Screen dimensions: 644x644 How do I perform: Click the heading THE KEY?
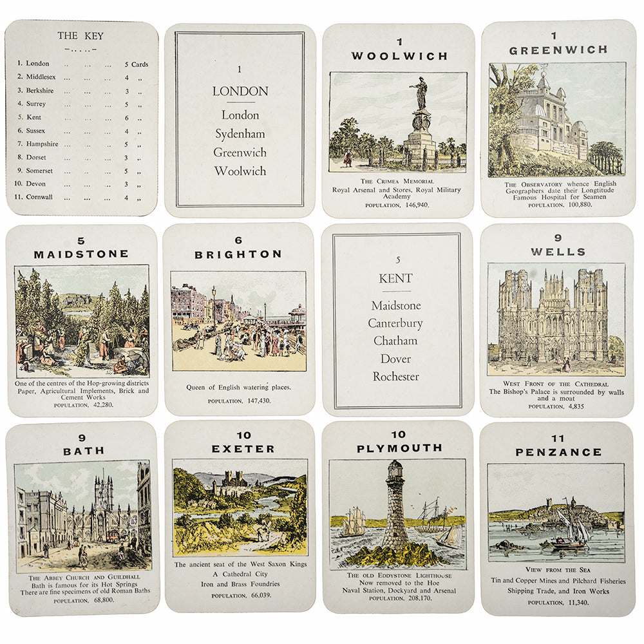coord(80,36)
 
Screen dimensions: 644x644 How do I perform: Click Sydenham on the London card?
coord(240,134)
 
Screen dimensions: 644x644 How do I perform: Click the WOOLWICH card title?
coord(399,56)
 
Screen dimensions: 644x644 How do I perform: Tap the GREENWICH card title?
coord(558,50)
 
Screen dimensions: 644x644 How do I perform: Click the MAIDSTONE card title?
coord(81,254)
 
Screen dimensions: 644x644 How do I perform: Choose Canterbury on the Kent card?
coord(395,323)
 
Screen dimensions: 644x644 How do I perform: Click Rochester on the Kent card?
coord(395,377)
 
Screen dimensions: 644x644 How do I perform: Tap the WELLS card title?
coord(558,252)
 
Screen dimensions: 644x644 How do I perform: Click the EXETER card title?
coord(243,448)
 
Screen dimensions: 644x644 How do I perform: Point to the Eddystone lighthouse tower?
coord(395,502)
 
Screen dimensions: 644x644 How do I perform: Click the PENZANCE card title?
coord(558,452)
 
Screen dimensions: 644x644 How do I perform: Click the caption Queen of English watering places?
coord(239,387)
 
